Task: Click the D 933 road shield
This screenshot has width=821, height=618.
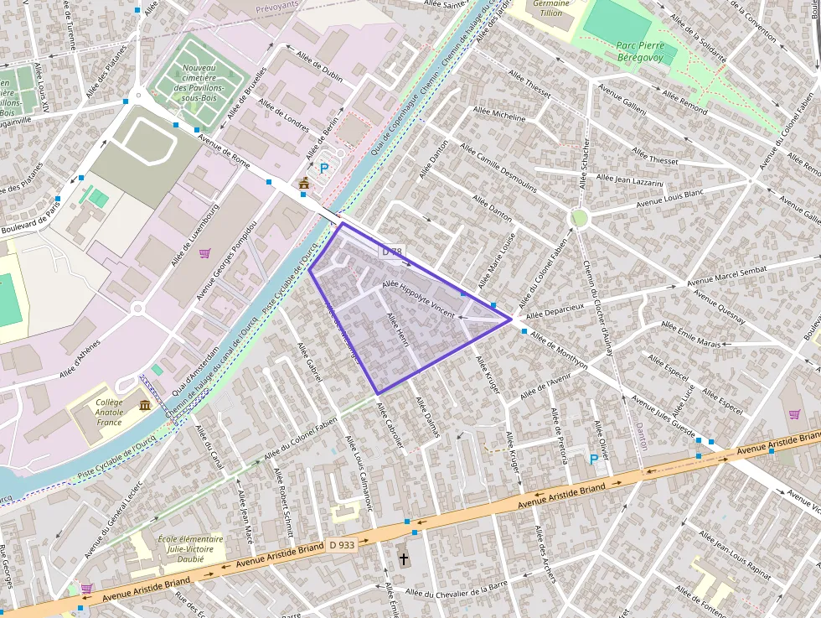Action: point(342,544)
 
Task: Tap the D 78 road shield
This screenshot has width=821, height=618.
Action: point(391,251)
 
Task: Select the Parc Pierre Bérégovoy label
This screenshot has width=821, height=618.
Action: point(640,52)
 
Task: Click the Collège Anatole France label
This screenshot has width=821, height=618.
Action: point(109,412)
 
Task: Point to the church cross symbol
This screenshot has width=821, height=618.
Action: point(403,558)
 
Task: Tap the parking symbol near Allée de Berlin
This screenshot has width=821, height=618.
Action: point(324,168)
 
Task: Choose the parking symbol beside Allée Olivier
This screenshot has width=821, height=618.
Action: point(595,459)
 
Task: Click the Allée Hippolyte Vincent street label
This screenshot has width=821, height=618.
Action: point(417,299)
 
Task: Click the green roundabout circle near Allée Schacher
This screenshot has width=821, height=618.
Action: point(579,218)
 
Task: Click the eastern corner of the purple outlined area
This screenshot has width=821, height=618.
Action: point(511,319)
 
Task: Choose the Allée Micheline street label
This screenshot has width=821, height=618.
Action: point(499,115)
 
